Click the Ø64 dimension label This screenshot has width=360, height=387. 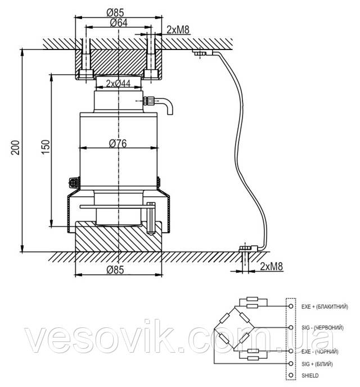[118, 22]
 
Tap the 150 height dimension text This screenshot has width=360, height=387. [48, 147]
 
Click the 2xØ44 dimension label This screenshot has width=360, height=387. [118, 83]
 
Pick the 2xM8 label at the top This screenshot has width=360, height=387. [178, 29]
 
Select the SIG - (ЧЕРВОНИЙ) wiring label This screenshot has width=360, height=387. [322, 327]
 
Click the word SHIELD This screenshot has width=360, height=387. [309, 375]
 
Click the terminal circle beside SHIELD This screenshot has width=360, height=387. [290, 375]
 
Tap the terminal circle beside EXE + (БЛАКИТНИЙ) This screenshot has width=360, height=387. [290, 306]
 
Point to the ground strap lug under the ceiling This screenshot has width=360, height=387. [201, 53]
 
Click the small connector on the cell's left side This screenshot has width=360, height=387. [73, 182]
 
